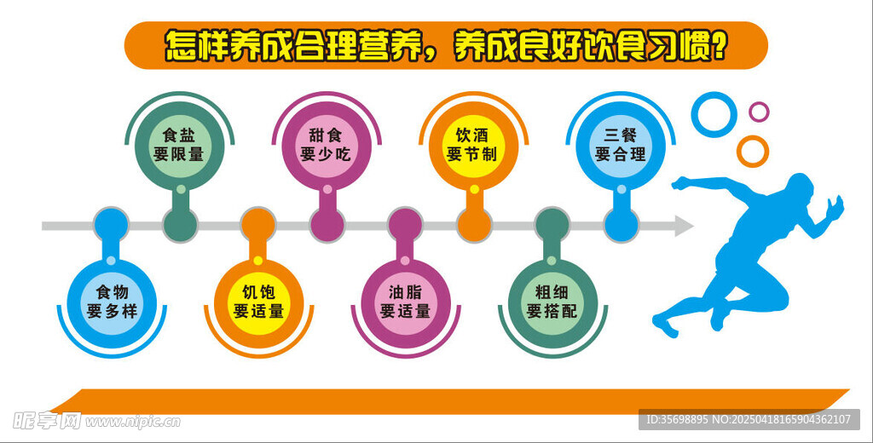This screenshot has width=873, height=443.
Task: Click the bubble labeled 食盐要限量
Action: (x=180, y=146)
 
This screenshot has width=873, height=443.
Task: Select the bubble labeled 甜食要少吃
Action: (x=327, y=146)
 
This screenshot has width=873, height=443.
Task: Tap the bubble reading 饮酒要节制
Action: (x=474, y=146)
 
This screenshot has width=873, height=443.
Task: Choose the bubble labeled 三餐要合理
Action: (x=621, y=146)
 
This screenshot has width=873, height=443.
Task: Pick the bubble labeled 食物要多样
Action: (x=112, y=303)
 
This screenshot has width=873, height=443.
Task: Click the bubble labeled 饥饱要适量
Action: (x=258, y=303)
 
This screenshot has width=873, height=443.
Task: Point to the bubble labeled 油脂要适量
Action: (x=405, y=303)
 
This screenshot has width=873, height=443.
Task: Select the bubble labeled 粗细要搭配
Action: (x=552, y=303)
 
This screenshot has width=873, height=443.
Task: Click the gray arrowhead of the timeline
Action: (x=684, y=226)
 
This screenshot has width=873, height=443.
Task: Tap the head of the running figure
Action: (x=800, y=186)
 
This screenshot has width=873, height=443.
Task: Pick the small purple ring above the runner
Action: (x=759, y=112)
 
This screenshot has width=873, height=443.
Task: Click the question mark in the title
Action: (x=720, y=46)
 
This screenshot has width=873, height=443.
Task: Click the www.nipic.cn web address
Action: (x=132, y=422)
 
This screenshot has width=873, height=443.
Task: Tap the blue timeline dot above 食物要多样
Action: (x=112, y=225)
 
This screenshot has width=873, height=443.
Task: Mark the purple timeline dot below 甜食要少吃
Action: (x=327, y=225)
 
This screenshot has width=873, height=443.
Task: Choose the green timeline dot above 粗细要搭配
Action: (x=552, y=225)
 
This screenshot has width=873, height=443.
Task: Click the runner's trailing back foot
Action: (x=665, y=325)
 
